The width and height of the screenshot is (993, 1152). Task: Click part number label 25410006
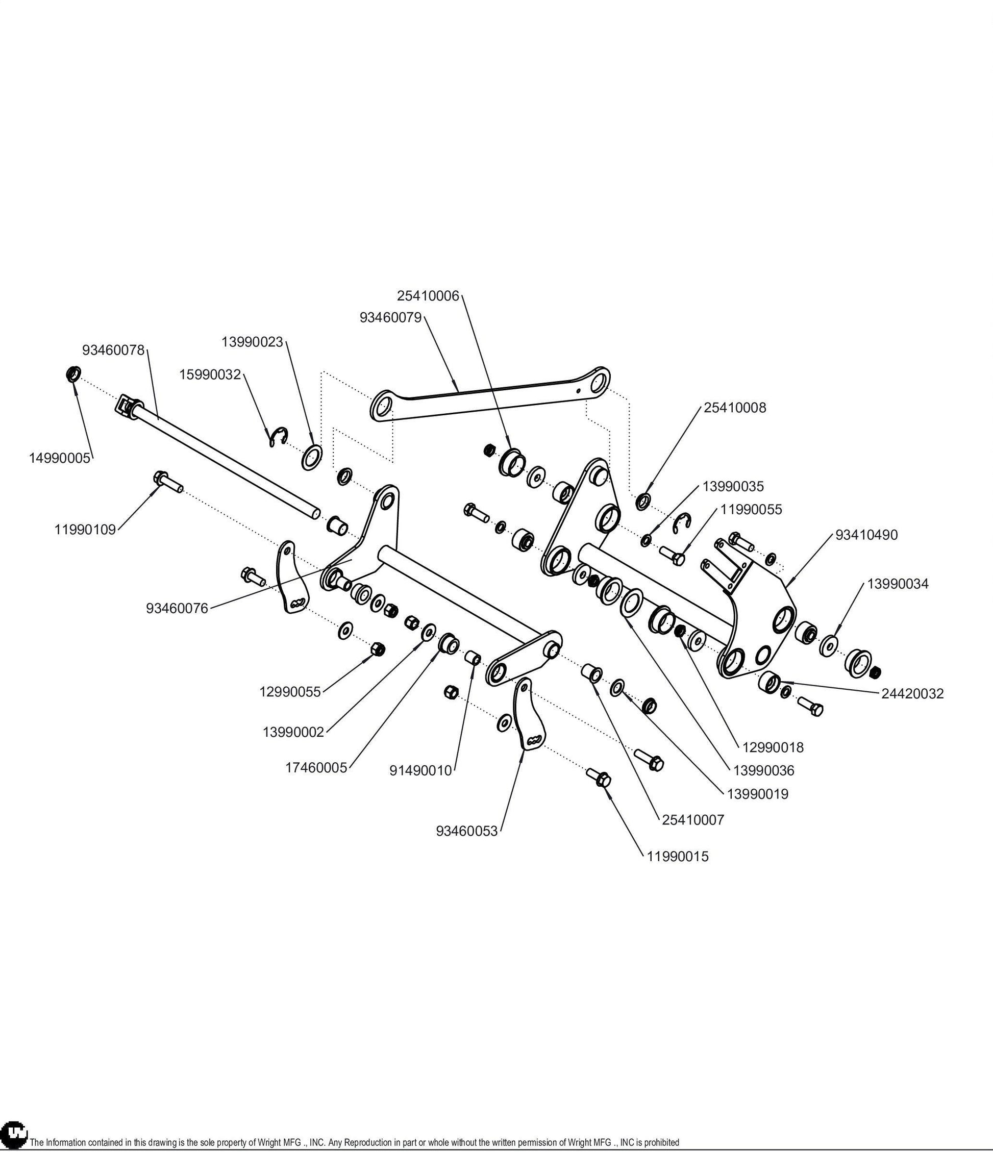coord(428,296)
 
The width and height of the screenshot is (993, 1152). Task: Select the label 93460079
coord(391,317)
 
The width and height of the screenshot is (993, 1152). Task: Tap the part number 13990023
coord(253,342)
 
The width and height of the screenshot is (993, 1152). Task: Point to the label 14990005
coord(60,458)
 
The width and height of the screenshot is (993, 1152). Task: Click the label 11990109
coord(85,529)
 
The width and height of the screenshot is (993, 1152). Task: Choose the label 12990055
coord(290,692)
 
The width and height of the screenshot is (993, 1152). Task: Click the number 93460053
coord(467,832)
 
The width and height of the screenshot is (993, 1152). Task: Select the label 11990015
coord(678,856)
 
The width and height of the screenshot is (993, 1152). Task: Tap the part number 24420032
coord(913,693)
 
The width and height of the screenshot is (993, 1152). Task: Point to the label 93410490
coord(867,535)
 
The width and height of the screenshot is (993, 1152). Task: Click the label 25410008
coord(735,408)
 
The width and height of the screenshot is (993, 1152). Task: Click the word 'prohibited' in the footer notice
coord(662,1142)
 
